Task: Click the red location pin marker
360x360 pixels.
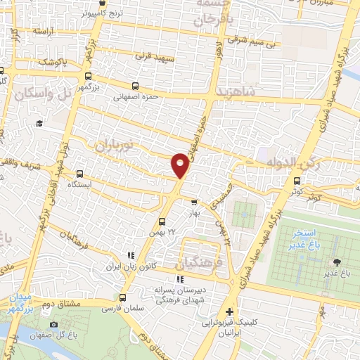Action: [180, 165]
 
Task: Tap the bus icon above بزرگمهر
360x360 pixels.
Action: [87, 77]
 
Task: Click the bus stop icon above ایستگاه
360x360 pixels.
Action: [79, 173]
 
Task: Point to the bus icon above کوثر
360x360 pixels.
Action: [296, 181]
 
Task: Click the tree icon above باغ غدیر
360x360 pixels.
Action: [333, 262]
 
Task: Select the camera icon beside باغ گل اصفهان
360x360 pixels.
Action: [53, 324]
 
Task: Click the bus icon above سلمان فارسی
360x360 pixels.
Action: [124, 297]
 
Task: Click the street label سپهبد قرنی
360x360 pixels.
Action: [154, 55]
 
